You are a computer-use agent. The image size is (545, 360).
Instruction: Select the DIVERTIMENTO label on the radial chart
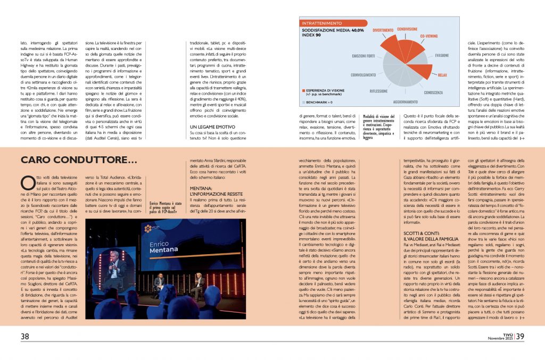[383, 30]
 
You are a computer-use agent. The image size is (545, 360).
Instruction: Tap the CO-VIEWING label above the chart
[428, 36]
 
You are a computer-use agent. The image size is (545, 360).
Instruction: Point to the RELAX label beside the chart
[442, 75]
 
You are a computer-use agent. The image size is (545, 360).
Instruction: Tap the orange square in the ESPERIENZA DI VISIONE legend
[303, 91]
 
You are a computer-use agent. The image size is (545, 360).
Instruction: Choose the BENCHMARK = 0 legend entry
[319, 101]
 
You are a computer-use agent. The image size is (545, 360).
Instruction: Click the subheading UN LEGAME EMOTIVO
[213, 127]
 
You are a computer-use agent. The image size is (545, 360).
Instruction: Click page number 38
[25, 336]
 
